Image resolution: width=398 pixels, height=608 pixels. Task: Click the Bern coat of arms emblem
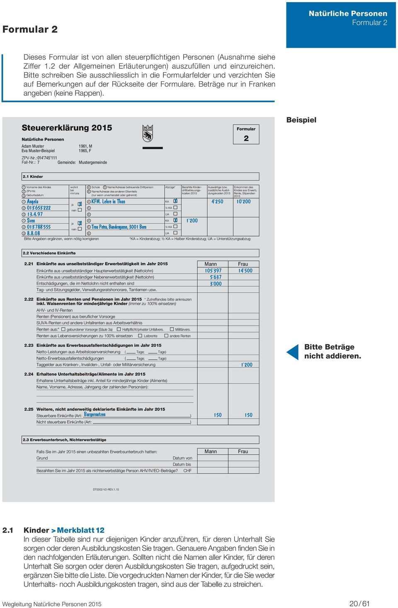[148, 133]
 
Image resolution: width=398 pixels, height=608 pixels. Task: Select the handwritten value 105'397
[213, 271]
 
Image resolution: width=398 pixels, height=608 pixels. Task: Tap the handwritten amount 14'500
[245, 271]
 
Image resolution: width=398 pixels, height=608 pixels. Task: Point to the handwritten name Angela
[33, 201]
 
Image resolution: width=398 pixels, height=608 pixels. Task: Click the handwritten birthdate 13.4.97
[35, 214]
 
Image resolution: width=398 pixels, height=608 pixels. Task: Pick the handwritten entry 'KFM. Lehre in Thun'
[108, 201]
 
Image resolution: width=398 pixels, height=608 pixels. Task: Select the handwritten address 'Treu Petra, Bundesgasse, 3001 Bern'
[119, 227]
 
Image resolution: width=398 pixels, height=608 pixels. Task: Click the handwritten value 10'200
[243, 201]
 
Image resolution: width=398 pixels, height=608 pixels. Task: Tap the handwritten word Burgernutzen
[95, 414]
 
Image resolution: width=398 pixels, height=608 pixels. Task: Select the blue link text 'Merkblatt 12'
[80, 530]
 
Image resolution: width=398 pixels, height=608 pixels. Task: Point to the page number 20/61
[359, 603]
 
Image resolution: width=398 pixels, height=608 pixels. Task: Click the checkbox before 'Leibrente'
[141, 336]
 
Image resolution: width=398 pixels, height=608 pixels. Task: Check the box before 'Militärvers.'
[172, 329]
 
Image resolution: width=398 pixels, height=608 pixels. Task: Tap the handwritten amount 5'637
[216, 277]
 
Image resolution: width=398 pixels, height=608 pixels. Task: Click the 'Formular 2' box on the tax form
[246, 134]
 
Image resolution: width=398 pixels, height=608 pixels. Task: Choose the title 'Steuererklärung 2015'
[67, 128]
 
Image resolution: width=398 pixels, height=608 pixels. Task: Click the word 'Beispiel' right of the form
[301, 120]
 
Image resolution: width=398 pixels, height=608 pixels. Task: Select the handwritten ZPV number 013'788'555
[39, 227]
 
